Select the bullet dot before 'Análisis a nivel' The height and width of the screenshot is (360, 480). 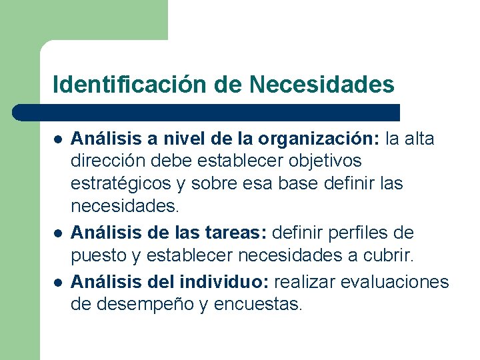click(58, 140)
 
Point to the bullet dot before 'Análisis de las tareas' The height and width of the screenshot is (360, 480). click(58, 234)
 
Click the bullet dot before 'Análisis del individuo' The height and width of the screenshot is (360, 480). click(58, 283)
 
